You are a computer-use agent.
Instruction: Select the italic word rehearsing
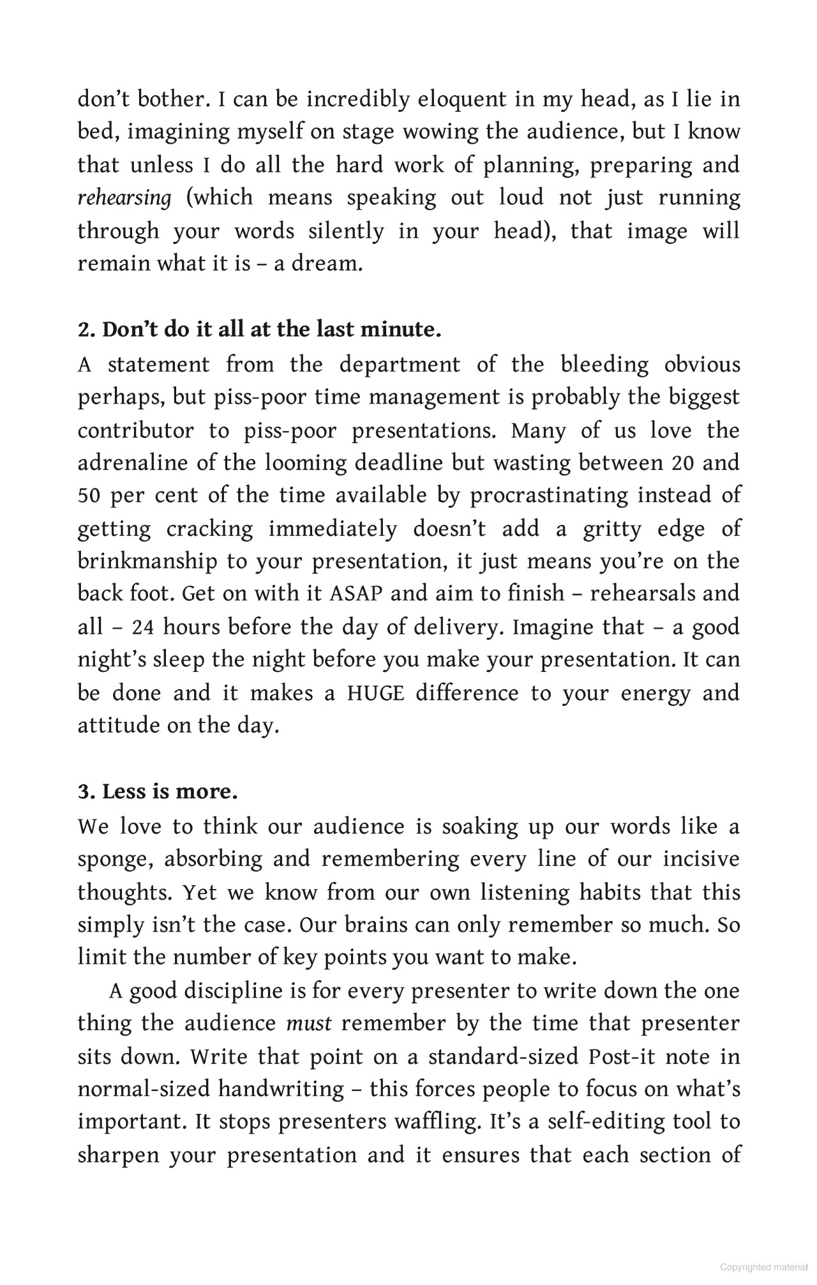click(x=124, y=198)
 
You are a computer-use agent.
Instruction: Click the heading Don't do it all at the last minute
click(x=259, y=330)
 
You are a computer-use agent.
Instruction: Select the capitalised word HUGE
click(x=375, y=693)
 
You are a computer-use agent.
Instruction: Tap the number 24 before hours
click(x=144, y=627)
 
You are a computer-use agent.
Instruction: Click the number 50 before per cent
click(x=89, y=496)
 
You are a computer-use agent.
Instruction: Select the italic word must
click(x=309, y=1024)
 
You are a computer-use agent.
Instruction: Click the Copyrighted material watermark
click(x=763, y=1267)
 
